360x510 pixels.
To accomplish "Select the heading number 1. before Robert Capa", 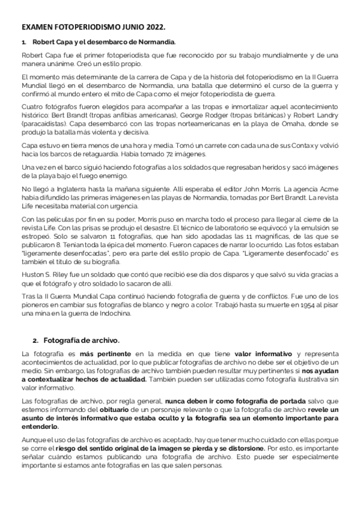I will [x=24, y=42].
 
